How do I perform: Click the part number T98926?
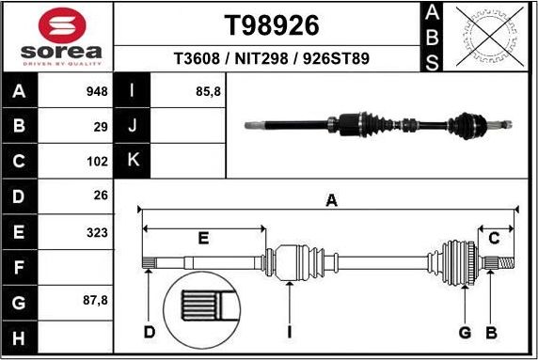(x=272, y=25)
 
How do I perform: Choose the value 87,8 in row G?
(x=94, y=302)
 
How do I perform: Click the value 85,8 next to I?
(x=206, y=92)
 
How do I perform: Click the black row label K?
(x=133, y=160)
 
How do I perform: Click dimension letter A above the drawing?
(x=331, y=200)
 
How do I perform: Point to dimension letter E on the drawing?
(x=202, y=239)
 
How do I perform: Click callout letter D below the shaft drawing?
(x=149, y=332)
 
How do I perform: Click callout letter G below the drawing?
(x=465, y=332)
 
